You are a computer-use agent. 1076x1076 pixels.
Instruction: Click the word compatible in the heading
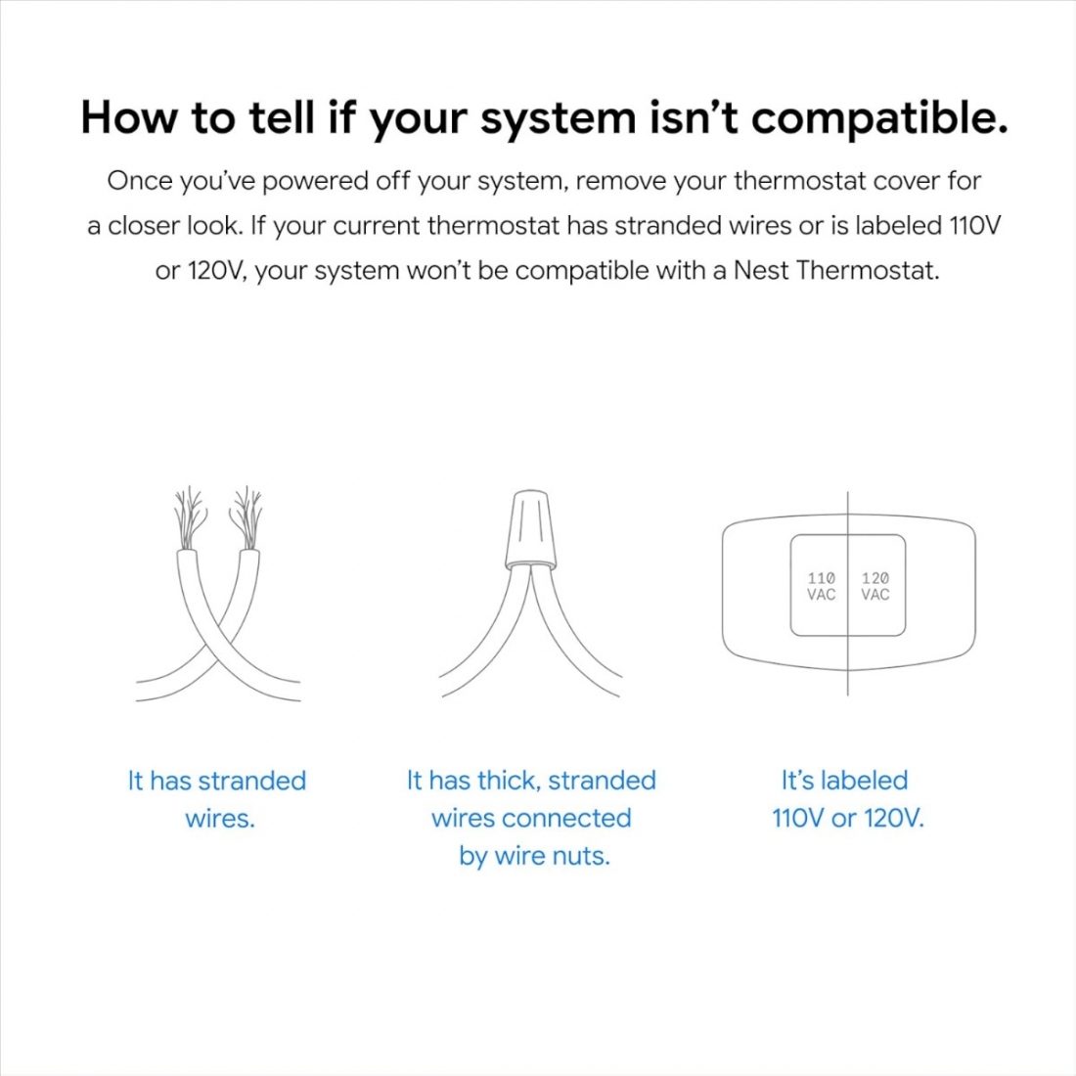[x=879, y=119]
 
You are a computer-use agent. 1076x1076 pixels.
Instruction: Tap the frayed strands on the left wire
[x=189, y=518]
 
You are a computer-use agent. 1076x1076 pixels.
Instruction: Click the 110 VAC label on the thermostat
[x=821, y=586]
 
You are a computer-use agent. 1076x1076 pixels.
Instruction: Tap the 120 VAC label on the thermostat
[x=875, y=586]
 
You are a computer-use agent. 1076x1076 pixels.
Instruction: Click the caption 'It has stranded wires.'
[x=217, y=799]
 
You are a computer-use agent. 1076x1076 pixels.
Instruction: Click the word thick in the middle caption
[x=508, y=781]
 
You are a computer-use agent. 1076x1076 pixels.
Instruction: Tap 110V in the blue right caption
[x=797, y=818]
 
